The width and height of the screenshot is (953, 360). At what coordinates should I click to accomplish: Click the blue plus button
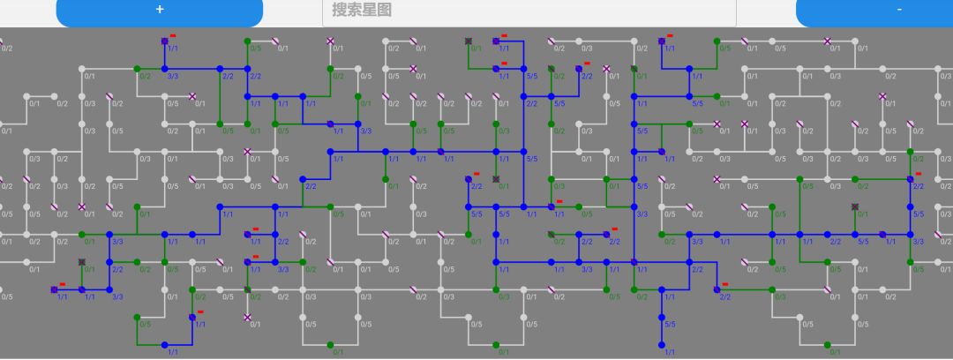tap(159, 10)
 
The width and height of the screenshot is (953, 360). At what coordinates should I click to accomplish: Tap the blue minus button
tap(898, 10)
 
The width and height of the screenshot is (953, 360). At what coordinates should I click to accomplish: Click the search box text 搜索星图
tap(362, 10)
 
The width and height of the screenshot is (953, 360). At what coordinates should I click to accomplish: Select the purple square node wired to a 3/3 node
tap(164, 41)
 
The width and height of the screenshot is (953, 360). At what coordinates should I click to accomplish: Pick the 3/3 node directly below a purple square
tap(164, 69)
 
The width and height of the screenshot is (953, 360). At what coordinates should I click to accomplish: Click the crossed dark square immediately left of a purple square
tap(469, 41)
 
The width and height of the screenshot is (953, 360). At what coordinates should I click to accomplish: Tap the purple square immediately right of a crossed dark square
tap(496, 41)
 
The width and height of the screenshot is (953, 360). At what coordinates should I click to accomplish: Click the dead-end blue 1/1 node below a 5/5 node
tap(661, 345)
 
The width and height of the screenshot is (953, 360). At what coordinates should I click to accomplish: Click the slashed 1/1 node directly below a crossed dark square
tap(82, 289)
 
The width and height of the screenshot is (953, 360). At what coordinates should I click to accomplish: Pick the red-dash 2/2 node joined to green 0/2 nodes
tap(910, 179)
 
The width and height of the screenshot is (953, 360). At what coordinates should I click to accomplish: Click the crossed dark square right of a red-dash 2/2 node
tap(496, 179)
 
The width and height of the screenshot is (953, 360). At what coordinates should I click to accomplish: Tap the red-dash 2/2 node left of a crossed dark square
tap(469, 179)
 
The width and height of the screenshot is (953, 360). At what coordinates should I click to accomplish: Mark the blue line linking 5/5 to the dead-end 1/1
tap(661, 332)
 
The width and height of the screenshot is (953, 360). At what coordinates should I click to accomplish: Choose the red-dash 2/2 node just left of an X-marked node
tap(579, 69)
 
